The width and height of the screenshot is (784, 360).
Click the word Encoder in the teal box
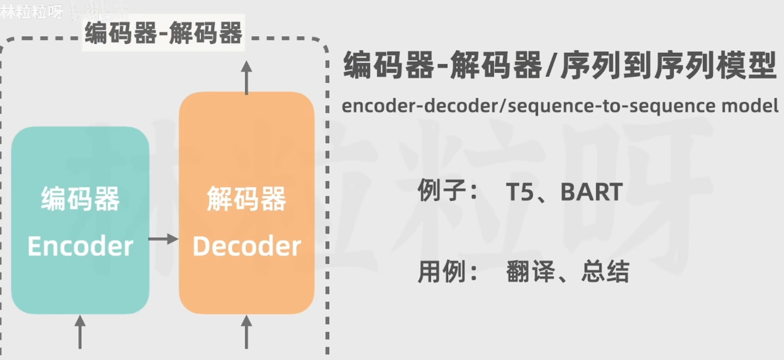pos(80,246)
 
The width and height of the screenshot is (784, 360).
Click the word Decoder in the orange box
pos(247,246)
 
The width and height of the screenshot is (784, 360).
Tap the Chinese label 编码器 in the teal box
pos(80,199)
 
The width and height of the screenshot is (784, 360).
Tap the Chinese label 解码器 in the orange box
pos(247,199)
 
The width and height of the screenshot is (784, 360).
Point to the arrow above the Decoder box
pos(247,77)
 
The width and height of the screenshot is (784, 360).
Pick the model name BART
pos(592,192)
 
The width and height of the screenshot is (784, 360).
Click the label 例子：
pos(448,192)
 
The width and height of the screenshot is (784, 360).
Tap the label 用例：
pos(448,272)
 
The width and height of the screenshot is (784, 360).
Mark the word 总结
pos(605,272)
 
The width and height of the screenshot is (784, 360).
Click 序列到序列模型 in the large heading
pos(669,66)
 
